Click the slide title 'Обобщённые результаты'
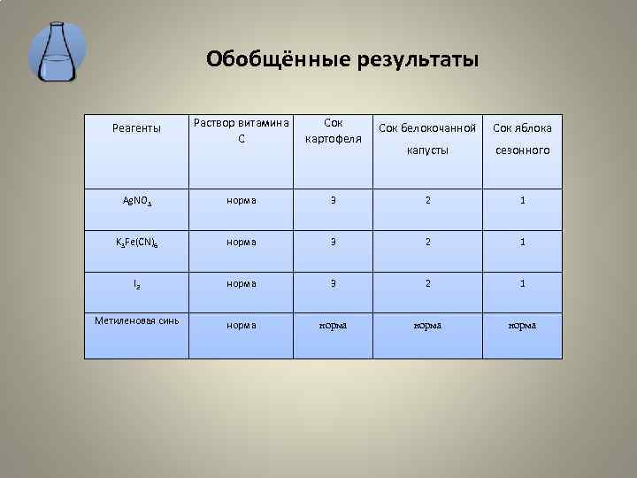click(342, 59)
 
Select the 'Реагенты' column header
click(137, 129)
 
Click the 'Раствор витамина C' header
click(241, 131)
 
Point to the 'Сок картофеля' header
click(333, 131)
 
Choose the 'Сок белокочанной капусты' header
click(427, 139)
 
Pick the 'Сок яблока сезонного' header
click(522, 139)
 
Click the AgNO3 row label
click(137, 201)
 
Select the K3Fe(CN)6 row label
click(137, 243)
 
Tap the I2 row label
click(137, 285)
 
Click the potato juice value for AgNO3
click(333, 200)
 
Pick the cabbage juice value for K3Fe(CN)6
click(427, 242)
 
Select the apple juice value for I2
click(522, 283)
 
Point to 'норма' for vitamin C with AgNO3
click(241, 200)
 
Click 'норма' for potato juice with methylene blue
click(333, 325)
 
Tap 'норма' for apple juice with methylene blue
click(522, 325)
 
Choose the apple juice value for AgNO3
click(522, 200)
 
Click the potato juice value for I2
click(333, 283)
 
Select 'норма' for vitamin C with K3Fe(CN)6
click(241, 242)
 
